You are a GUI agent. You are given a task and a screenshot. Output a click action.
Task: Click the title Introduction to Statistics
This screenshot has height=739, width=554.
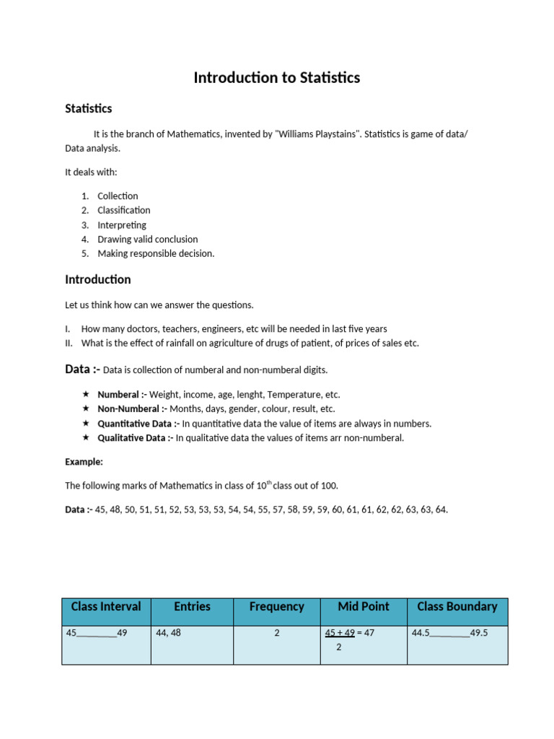(x=276, y=78)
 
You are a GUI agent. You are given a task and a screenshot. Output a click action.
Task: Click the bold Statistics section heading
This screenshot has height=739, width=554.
(x=89, y=109)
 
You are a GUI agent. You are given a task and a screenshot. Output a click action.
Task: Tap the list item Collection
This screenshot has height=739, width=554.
(x=118, y=196)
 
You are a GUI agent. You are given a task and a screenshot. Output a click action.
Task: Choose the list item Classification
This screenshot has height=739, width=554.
(x=124, y=210)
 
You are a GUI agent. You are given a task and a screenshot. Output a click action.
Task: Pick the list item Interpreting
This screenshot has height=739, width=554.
(x=122, y=224)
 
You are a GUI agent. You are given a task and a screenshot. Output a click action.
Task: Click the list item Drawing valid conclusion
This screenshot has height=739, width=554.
(x=147, y=239)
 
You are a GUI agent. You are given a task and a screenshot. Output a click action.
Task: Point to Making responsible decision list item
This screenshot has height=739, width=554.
(x=156, y=253)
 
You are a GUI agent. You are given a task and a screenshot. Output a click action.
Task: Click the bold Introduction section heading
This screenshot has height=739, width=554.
(x=98, y=279)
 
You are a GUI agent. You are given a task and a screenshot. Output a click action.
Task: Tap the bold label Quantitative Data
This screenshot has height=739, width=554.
(x=138, y=424)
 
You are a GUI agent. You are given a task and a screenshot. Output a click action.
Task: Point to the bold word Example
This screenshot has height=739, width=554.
(x=84, y=462)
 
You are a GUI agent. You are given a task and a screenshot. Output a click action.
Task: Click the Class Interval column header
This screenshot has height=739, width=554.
(x=106, y=607)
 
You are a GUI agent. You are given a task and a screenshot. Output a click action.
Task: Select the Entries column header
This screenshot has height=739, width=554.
(x=192, y=607)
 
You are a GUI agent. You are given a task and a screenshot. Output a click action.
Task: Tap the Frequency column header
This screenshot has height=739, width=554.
(x=276, y=607)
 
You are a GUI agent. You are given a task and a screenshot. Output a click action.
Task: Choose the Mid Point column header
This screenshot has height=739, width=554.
(x=364, y=607)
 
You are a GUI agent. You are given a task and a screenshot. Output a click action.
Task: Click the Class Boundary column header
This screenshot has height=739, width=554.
(x=457, y=607)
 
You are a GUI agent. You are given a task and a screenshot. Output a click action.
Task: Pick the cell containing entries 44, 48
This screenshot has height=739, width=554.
(x=168, y=633)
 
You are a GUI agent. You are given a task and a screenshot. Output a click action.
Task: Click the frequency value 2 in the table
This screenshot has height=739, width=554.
(x=276, y=633)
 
